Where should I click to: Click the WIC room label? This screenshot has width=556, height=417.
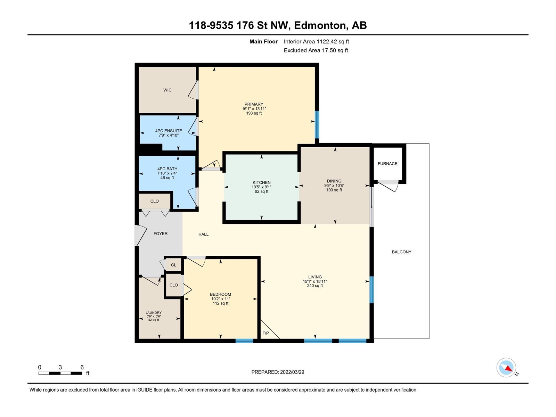167,90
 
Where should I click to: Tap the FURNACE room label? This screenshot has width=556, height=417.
387,164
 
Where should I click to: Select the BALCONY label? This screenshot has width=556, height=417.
401,252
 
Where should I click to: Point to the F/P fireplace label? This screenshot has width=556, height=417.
265,333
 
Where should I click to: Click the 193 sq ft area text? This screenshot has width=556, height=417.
254,113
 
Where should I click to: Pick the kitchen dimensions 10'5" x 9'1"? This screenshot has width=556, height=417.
261,187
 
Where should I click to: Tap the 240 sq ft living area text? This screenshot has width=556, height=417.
315,286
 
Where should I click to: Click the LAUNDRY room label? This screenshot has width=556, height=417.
154,313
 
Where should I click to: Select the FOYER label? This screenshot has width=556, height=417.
160,234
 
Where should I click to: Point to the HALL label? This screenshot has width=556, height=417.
203,235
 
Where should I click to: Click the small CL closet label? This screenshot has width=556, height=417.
173,265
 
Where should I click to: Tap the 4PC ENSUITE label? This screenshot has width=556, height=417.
169,131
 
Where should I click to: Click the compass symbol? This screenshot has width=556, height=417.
506,368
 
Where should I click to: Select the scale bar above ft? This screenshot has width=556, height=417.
60,373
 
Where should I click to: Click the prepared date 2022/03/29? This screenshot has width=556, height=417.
292,372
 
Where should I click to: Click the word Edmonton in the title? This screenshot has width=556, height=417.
320,26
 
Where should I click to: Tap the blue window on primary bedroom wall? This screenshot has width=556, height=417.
317,124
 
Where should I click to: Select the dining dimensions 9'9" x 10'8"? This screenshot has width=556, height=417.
334,186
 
